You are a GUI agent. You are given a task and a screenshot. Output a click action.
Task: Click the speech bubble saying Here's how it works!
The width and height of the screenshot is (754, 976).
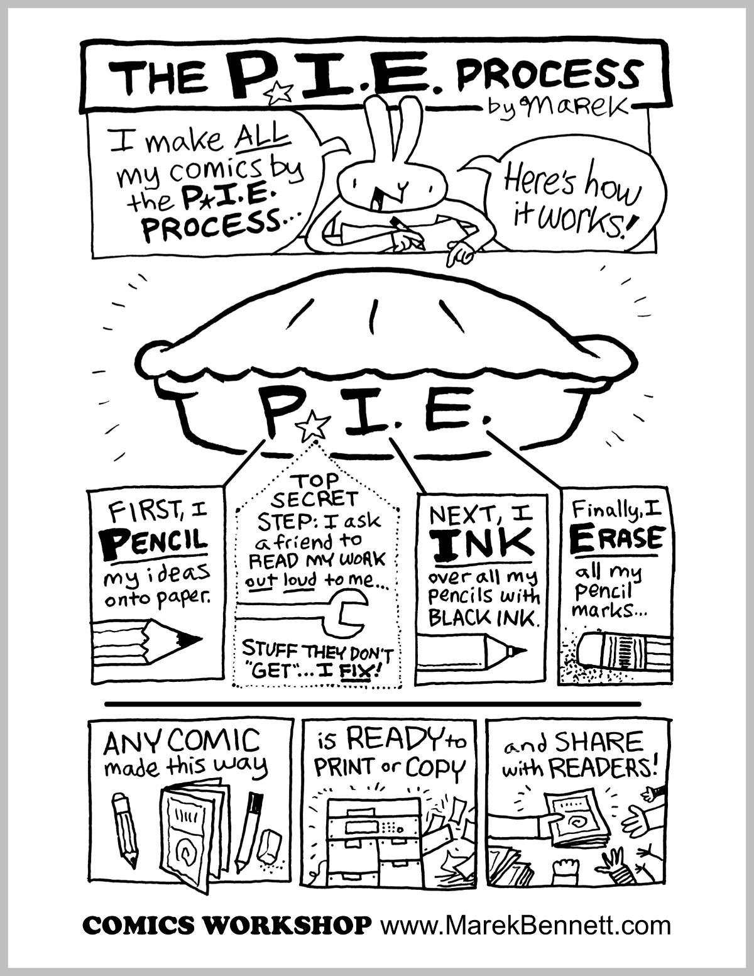pyautogui.click(x=569, y=195)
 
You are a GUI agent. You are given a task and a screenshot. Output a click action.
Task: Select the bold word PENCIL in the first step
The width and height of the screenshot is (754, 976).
pyautogui.click(x=155, y=542)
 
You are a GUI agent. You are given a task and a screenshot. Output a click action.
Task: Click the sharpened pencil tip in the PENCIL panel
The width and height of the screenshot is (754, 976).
pyautogui.click(x=192, y=640)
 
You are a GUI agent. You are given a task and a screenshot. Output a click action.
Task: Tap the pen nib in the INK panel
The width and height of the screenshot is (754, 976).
pyautogui.click(x=516, y=650)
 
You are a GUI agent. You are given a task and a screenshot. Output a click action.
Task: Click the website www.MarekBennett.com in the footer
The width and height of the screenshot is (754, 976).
pyautogui.click(x=525, y=925)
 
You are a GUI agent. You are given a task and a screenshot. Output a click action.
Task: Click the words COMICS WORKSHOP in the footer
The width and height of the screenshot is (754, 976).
pyautogui.click(x=226, y=926)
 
